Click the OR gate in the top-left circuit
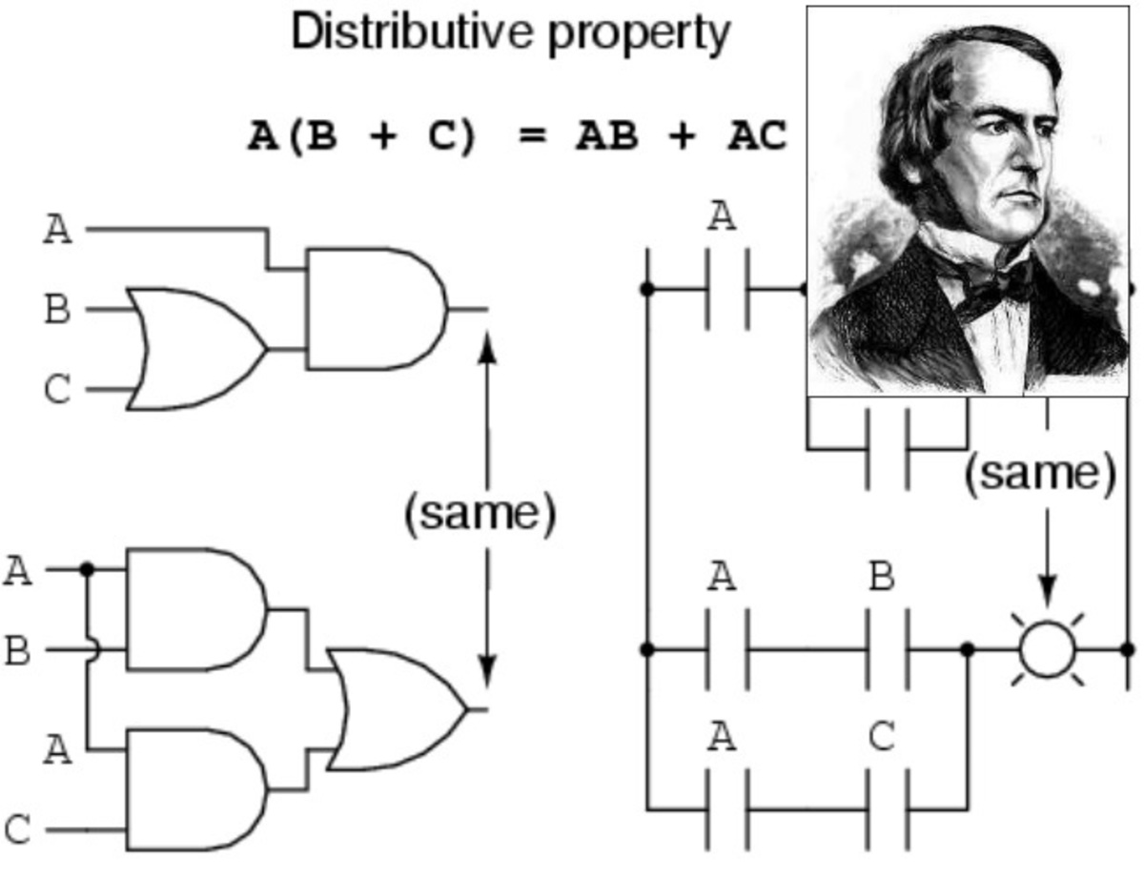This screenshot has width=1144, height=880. coord(195,348)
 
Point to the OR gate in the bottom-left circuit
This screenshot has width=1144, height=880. coord(396,709)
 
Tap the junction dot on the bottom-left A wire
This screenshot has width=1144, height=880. coord(87,569)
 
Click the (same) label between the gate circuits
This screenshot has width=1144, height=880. coord(480,515)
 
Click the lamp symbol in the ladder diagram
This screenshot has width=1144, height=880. coord(1047,649)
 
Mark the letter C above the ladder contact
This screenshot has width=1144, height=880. coord(882,737)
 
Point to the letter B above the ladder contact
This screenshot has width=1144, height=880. coord(882,577)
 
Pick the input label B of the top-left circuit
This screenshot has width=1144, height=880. coord(57,310)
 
